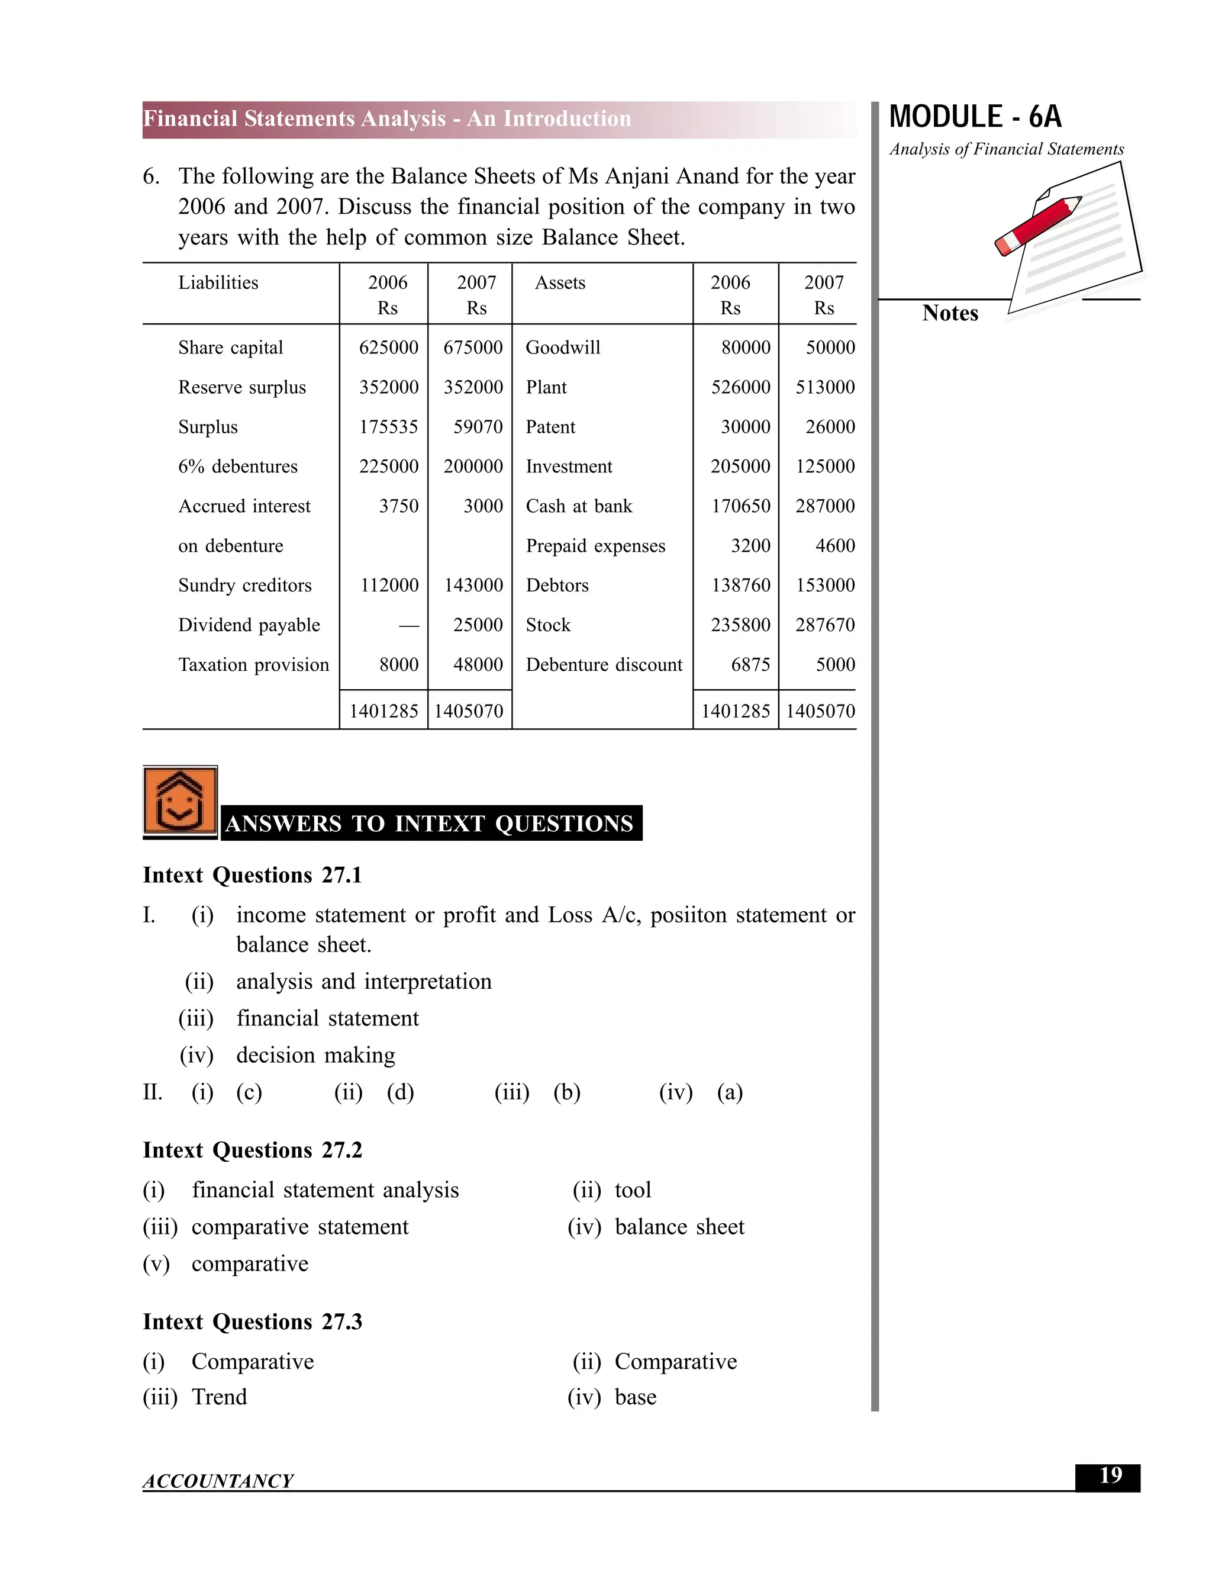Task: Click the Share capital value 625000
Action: [388, 348]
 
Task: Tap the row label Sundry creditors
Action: [245, 586]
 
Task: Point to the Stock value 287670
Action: [824, 625]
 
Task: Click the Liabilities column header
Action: [218, 282]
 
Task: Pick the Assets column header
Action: [560, 282]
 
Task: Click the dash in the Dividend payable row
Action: [408, 626]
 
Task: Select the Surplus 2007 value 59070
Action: [478, 427]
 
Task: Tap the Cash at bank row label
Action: [579, 506]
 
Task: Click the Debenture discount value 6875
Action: [750, 664]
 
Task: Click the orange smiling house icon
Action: [179, 801]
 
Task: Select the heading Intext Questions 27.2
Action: [252, 1150]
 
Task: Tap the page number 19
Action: [1110, 1475]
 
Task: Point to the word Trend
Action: [219, 1397]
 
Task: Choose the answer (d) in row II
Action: [400, 1093]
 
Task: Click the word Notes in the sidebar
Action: [949, 313]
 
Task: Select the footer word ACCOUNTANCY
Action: [218, 1481]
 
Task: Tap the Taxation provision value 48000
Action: [478, 664]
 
